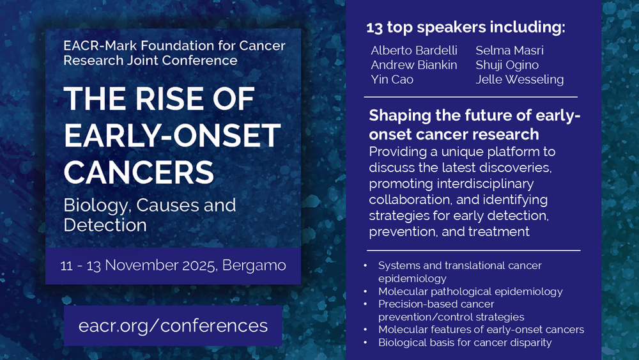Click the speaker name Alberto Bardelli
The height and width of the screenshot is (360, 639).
pyautogui.click(x=414, y=51)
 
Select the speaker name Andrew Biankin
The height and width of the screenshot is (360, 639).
pyautogui.click(x=414, y=65)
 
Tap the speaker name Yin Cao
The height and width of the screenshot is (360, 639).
pyautogui.click(x=392, y=79)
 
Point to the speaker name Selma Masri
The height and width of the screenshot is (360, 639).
pyautogui.click(x=509, y=51)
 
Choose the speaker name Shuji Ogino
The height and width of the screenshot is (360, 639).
pyautogui.click(x=507, y=65)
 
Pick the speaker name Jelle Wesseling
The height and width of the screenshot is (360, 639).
pyautogui.click(x=520, y=79)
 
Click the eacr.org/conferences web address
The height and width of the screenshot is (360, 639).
pyautogui.click(x=173, y=325)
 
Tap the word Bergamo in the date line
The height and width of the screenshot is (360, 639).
pyautogui.click(x=254, y=266)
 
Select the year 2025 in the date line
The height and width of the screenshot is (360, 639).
pyautogui.click(x=199, y=266)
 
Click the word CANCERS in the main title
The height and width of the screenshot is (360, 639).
pyautogui.click(x=139, y=171)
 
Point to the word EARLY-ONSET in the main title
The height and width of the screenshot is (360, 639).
pyautogui.click(x=173, y=136)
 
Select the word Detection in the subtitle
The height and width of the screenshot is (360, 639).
pyautogui.click(x=105, y=225)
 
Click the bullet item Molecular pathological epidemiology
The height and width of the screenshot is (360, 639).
pyautogui.click(x=470, y=292)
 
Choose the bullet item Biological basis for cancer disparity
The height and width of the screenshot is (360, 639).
pyautogui.click(x=465, y=343)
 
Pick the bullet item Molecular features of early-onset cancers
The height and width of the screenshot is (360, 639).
pyautogui.click(x=481, y=329)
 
